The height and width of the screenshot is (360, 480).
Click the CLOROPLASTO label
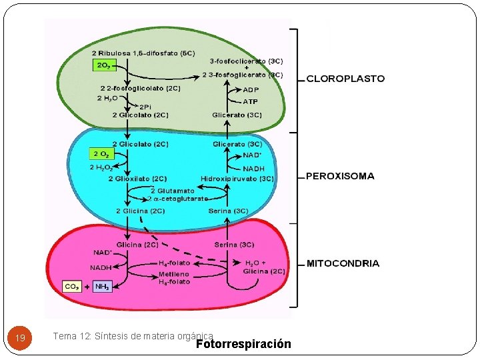click(x=345, y=79)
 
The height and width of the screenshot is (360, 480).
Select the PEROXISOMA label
click(x=340, y=177)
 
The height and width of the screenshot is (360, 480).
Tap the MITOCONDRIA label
click(x=343, y=263)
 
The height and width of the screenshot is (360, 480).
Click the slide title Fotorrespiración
click(x=244, y=345)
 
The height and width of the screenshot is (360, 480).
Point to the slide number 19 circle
click(x=20, y=339)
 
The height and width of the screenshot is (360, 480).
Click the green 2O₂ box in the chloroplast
click(x=104, y=65)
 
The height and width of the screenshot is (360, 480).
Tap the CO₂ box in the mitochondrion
click(x=72, y=287)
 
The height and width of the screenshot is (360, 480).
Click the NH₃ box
click(x=102, y=287)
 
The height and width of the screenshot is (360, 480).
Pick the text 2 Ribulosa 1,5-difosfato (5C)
click(x=143, y=53)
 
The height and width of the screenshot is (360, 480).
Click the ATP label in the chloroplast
click(x=250, y=102)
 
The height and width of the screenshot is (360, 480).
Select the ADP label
click(x=251, y=90)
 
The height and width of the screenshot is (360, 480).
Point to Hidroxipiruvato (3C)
click(x=237, y=179)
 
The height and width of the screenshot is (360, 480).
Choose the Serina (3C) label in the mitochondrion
click(x=234, y=245)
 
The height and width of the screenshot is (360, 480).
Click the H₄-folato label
click(x=174, y=263)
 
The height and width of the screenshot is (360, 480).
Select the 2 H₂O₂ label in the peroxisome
click(x=101, y=167)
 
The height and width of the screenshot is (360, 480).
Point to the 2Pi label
click(x=145, y=107)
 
